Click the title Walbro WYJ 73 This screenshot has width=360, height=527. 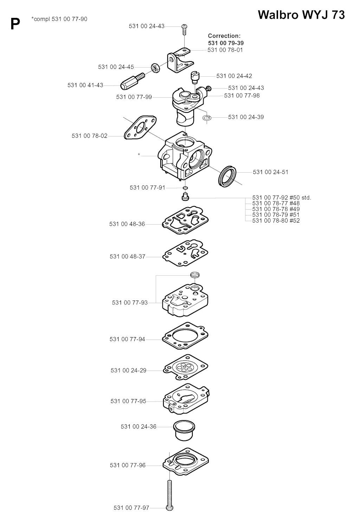pyautogui.click(x=301, y=15)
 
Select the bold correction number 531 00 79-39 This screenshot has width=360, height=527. pyautogui.click(x=226, y=43)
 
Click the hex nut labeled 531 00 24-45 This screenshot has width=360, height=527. pyautogui.click(x=155, y=68)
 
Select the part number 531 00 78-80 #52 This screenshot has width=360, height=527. pyautogui.click(x=276, y=221)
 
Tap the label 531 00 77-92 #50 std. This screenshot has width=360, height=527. pyautogui.click(x=282, y=198)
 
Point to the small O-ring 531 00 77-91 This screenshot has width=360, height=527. pyautogui.click(x=185, y=188)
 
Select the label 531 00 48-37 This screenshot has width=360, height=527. pyautogui.click(x=128, y=256)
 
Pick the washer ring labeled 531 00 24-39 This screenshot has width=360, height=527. pyautogui.click(x=207, y=118)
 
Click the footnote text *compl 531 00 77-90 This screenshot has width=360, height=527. pyautogui.click(x=59, y=19)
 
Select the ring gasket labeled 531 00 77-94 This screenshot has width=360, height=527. pyautogui.click(x=185, y=335)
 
